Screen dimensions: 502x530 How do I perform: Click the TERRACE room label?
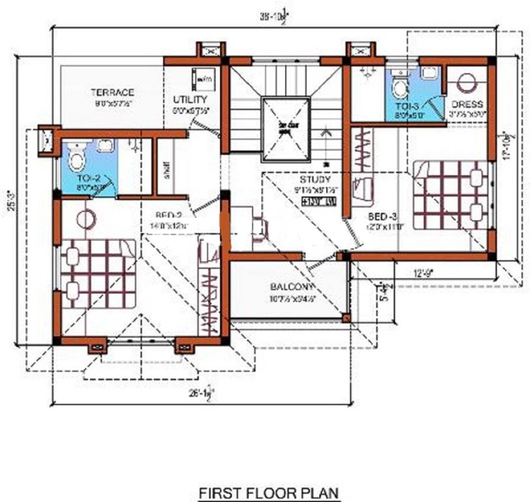(112, 92)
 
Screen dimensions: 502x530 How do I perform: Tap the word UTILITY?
(191, 99)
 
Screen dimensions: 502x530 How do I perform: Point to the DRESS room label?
(466, 104)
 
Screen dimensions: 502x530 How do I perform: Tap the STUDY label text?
(315, 179)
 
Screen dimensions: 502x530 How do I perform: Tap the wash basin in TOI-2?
(104, 145)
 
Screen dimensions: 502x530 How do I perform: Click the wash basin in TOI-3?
(429, 73)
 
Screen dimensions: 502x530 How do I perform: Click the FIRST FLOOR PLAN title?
(269, 491)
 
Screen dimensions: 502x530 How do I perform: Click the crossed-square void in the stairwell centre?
(285, 129)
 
